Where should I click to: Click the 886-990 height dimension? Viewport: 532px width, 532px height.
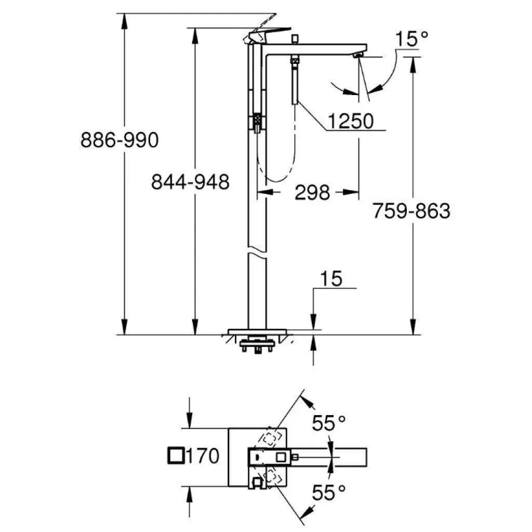point(119,140)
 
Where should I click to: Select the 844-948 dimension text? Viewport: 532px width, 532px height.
point(190,182)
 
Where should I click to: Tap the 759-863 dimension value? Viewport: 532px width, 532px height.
point(411,211)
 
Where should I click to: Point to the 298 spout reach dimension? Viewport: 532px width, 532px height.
point(312,192)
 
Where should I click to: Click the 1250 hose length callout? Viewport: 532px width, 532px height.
point(351,121)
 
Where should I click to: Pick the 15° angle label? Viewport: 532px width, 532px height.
point(411,38)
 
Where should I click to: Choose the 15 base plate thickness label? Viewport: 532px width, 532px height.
point(331,279)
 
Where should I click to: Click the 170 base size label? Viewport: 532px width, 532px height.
point(203,456)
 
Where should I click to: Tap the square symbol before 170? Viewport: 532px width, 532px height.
point(177,456)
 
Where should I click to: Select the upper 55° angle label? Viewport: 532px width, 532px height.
point(328,423)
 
